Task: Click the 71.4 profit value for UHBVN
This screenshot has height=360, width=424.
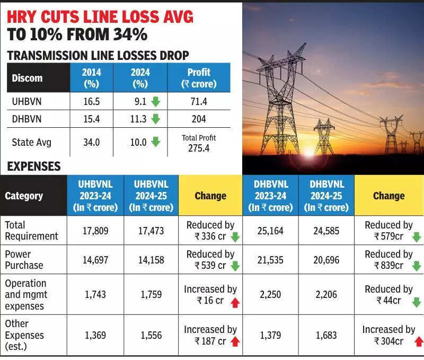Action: coord(199,101)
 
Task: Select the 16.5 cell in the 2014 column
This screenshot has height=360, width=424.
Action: coord(92,101)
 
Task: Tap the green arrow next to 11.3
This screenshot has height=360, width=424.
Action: coord(155,119)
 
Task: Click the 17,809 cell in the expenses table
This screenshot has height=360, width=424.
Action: coord(95,231)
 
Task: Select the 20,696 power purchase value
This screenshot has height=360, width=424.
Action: coord(326,260)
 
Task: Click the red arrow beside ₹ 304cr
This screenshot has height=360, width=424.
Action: coord(419,341)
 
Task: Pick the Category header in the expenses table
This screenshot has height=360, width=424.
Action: coord(24,196)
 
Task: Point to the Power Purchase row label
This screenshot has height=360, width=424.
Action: coord(24,260)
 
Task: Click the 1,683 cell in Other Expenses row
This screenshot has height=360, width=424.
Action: coord(326,335)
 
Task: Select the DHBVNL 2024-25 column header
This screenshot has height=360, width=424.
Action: coord(326,195)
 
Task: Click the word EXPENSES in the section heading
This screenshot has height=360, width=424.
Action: coord(34,166)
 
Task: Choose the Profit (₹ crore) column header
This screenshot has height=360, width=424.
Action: coord(199,78)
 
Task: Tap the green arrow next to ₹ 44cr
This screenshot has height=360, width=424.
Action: coord(416,302)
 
